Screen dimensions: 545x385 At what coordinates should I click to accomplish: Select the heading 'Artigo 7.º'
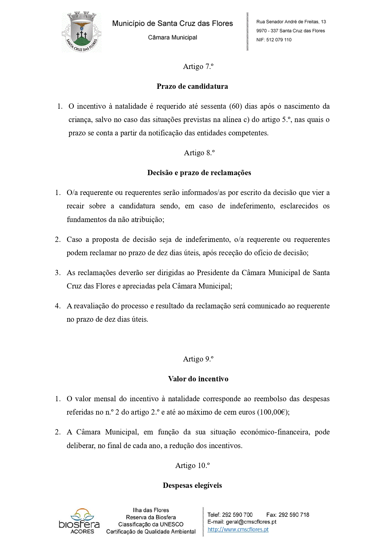[x=198, y=66]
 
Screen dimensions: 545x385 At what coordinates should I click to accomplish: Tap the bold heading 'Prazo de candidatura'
[x=192, y=86]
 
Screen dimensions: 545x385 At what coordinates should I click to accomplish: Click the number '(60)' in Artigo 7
[x=235, y=106]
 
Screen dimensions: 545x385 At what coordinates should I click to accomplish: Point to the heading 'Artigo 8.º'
[x=199, y=153]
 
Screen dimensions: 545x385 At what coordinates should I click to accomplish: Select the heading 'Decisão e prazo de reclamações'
[x=199, y=173]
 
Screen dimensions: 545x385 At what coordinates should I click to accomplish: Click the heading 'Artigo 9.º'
[x=198, y=359]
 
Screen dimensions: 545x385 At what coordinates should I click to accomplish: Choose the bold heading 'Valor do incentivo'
[x=198, y=379]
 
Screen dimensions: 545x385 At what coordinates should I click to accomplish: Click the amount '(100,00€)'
[x=273, y=412]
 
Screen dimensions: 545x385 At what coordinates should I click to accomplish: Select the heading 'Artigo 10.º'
[x=192, y=466]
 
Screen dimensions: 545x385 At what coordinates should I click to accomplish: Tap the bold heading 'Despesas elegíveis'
[x=192, y=485]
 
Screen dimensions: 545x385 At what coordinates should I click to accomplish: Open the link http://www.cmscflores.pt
[x=238, y=529]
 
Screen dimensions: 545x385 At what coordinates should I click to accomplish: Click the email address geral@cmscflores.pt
[x=251, y=522]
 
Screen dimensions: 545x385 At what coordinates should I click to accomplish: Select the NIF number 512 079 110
[x=279, y=40]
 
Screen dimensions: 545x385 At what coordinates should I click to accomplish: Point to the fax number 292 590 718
[x=294, y=515]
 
